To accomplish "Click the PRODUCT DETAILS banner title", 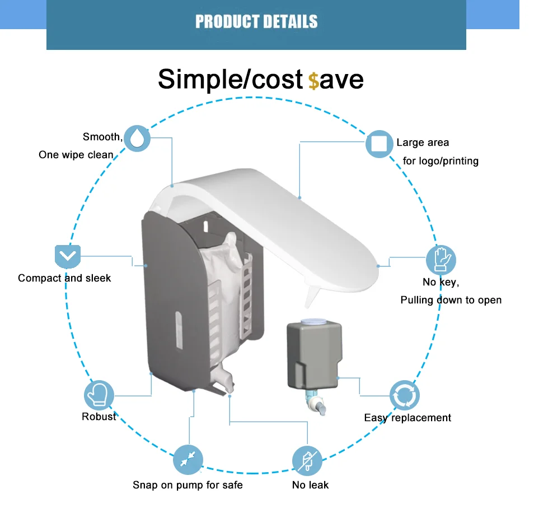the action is pyautogui.click(x=256, y=22).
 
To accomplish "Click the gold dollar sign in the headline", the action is pyautogui.click(x=313, y=81).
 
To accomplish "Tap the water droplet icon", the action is pyautogui.click(x=137, y=138).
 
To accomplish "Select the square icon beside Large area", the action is pyautogui.click(x=379, y=144).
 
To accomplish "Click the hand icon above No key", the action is pyautogui.click(x=441, y=260).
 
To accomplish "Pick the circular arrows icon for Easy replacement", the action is pyautogui.click(x=404, y=396).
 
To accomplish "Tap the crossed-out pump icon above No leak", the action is pyautogui.click(x=307, y=461).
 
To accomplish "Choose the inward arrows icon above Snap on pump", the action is pyautogui.click(x=188, y=459).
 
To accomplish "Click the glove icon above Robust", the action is pyautogui.click(x=99, y=395).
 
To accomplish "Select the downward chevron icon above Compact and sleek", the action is pyautogui.click(x=68, y=257).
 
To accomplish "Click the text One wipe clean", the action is pyautogui.click(x=76, y=155).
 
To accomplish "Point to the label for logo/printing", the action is pyautogui.click(x=441, y=161).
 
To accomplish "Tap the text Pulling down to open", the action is pyautogui.click(x=451, y=300).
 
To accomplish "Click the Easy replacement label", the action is pyautogui.click(x=407, y=418).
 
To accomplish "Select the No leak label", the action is pyautogui.click(x=310, y=485).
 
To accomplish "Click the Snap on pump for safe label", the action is pyautogui.click(x=188, y=485).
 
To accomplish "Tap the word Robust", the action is pyautogui.click(x=99, y=417).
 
